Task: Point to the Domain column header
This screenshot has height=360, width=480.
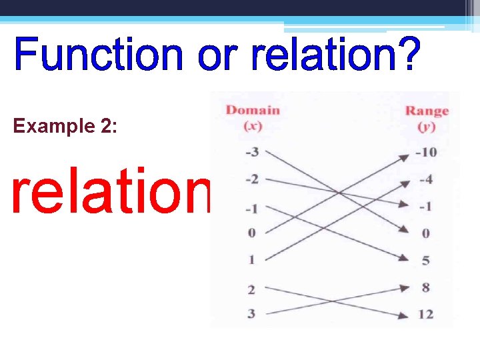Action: coord(253,109)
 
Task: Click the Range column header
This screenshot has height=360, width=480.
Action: coord(427,111)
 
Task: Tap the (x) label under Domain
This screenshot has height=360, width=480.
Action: coord(252,125)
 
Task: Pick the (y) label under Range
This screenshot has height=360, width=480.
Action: coord(426,127)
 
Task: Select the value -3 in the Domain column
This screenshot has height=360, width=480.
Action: coord(251,152)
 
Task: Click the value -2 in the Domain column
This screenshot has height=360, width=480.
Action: coord(251,179)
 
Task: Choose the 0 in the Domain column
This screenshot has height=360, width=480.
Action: coord(252,233)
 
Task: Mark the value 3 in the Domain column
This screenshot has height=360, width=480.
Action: coord(251,313)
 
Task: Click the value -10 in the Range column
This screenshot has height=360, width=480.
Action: coord(425,152)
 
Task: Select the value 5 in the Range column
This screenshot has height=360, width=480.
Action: coord(425,261)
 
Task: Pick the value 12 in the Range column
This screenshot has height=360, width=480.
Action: coord(425,314)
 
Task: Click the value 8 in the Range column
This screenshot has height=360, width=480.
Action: coord(425,287)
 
